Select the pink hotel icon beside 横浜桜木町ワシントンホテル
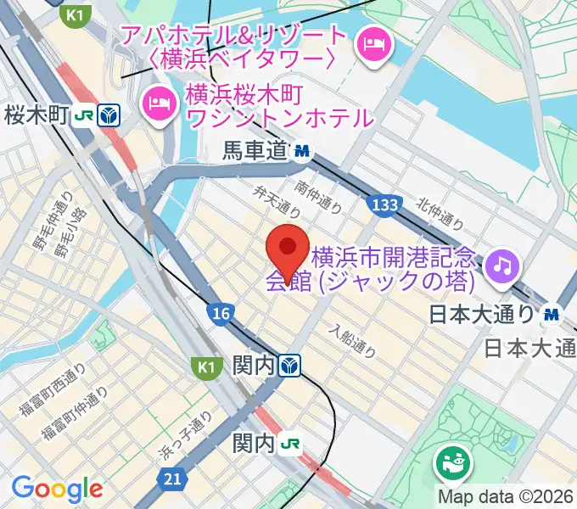tap(159, 103)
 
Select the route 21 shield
tap(173, 480)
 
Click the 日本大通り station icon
tap(553, 314)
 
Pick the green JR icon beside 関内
tap(291, 444)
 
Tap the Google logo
tap(57, 488)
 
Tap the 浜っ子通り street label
tap(187, 436)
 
